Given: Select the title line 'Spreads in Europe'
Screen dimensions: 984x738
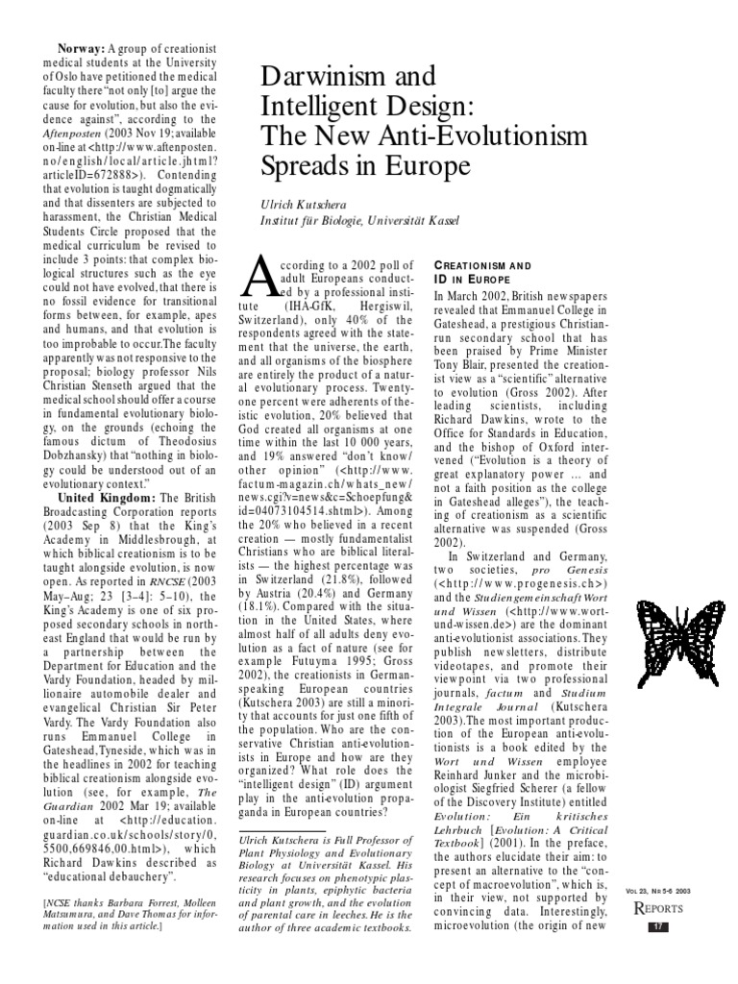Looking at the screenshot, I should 367,165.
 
